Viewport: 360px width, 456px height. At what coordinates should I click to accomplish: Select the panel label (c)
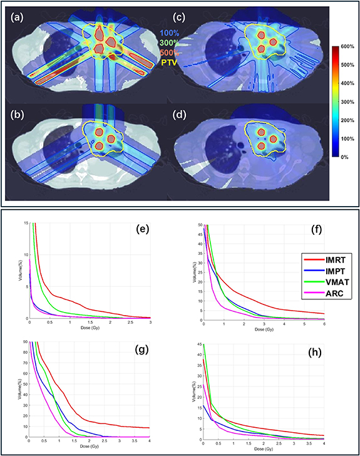click(x=187, y=17)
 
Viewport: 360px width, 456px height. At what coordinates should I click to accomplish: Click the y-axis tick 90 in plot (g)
click(x=24, y=341)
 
